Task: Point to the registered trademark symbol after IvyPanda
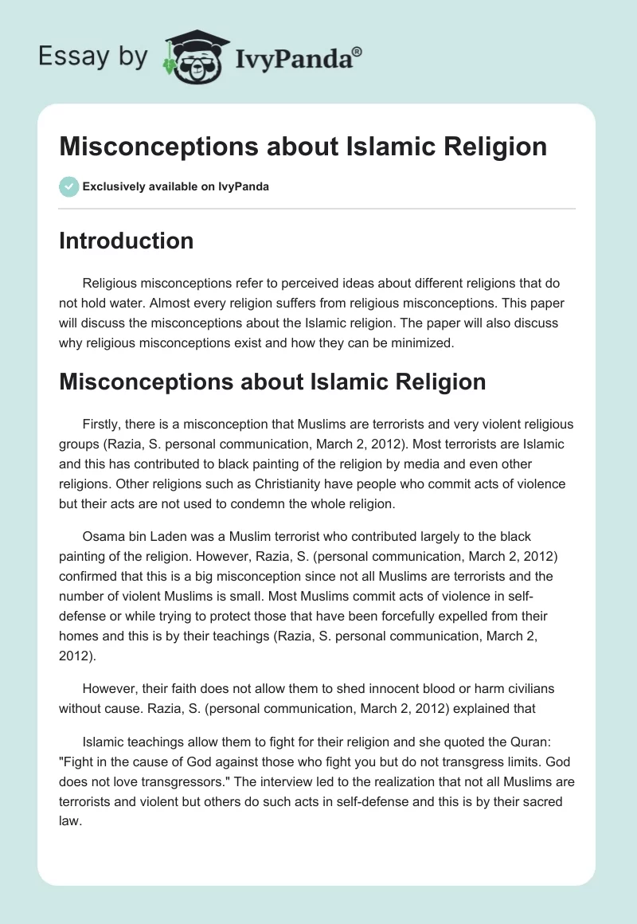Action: coord(358,51)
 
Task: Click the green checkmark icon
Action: coord(68,186)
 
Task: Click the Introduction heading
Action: coord(126,241)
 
